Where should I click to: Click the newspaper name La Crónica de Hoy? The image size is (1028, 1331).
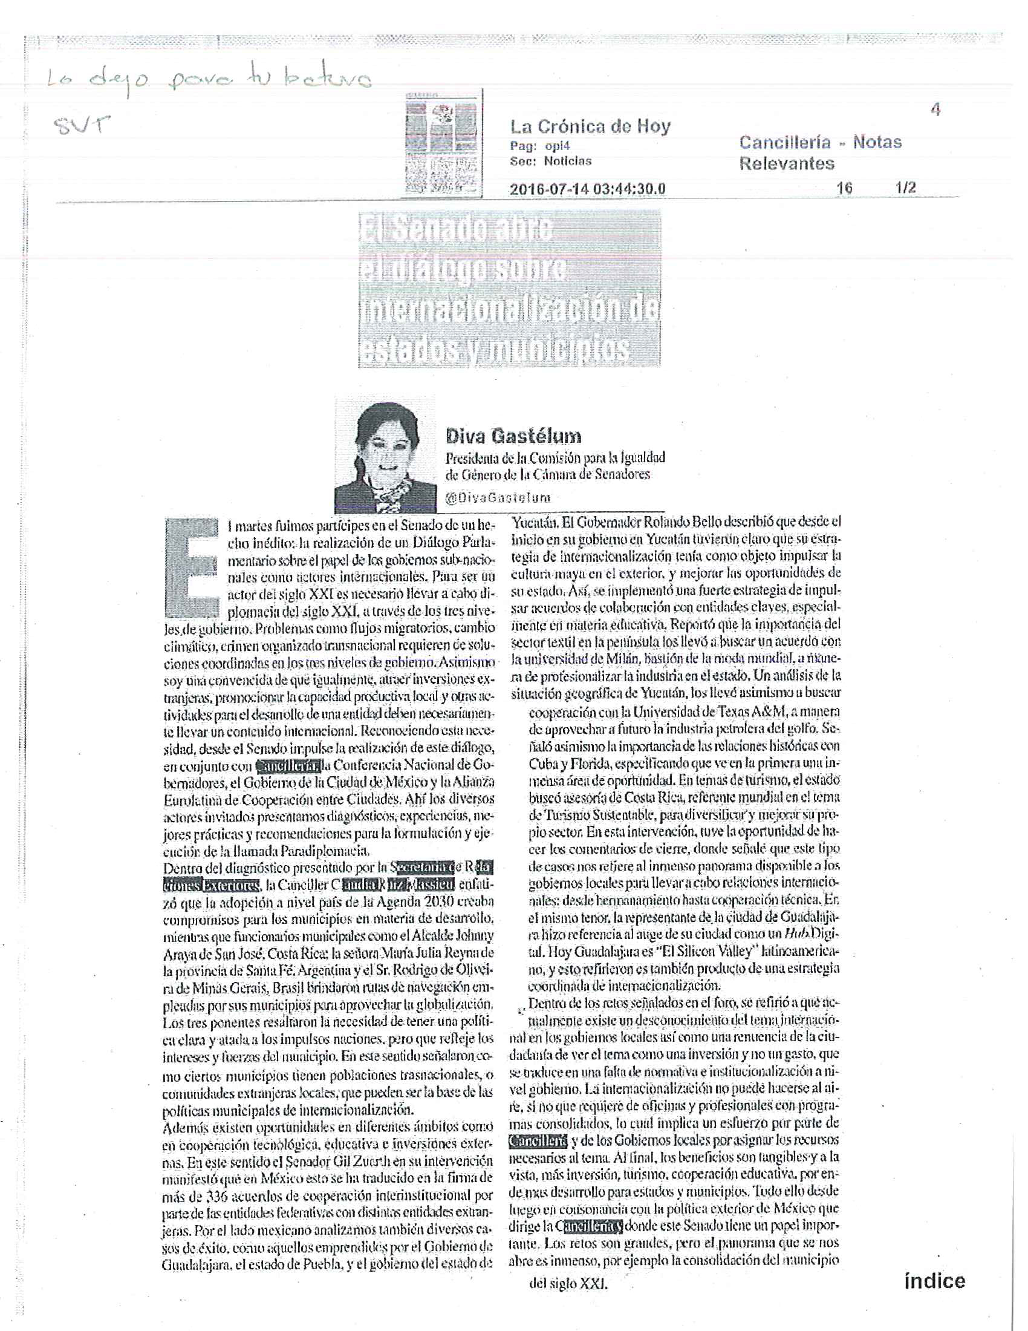[x=590, y=127]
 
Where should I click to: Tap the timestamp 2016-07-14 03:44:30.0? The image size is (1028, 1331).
[x=587, y=189]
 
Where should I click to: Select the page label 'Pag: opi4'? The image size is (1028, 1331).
[x=539, y=146]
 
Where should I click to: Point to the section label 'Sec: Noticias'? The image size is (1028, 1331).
[x=550, y=161]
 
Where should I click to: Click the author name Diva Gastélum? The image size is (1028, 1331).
[x=513, y=436]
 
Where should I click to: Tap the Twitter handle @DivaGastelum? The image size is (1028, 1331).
[x=498, y=497]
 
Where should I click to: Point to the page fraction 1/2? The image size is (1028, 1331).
[x=906, y=188]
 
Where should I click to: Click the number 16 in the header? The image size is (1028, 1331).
[x=844, y=188]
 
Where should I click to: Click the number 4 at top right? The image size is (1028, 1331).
[x=935, y=110]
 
